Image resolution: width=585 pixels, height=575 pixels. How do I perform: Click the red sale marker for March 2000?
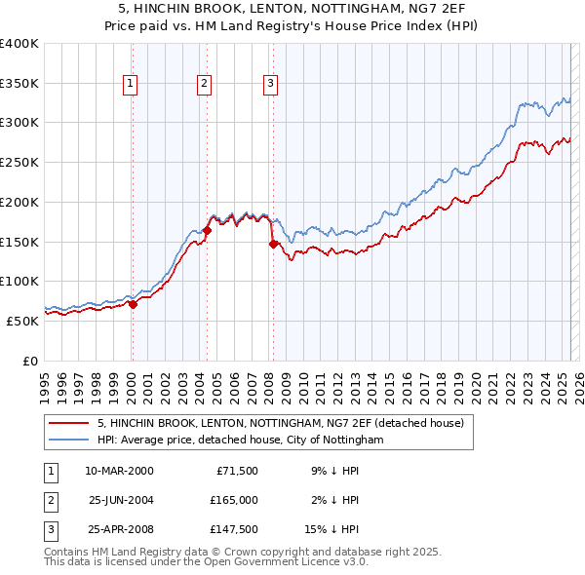133,304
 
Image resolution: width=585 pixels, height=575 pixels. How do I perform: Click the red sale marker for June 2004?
208,230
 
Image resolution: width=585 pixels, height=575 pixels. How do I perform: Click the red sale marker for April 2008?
273,244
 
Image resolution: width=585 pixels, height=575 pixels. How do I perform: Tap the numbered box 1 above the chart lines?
131,85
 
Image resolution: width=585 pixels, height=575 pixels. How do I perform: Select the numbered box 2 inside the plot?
204,85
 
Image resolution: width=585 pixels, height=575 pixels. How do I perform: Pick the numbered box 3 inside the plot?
269,85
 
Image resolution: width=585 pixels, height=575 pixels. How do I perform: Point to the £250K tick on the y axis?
19,162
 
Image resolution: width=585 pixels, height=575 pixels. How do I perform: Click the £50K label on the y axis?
23,321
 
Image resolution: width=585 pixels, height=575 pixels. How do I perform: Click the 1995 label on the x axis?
45,380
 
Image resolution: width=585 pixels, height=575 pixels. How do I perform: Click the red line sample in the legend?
69,423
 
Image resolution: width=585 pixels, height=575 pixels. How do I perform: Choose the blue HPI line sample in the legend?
69,441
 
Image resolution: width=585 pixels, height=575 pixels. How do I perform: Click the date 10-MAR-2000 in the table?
119,471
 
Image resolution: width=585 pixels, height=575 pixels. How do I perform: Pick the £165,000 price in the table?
235,501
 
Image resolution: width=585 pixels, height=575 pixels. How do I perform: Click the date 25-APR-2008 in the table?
120,531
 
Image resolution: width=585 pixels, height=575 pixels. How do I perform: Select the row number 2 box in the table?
50,501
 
